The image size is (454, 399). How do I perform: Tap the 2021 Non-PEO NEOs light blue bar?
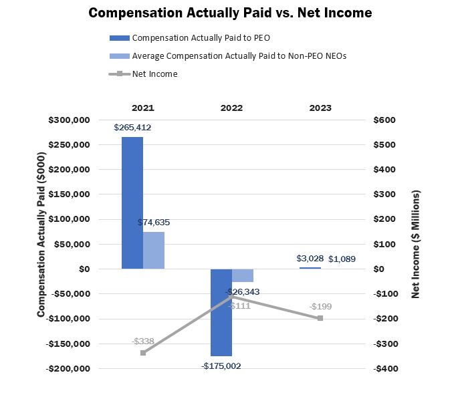pos(154,250)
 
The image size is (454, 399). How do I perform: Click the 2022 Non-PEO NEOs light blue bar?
pos(243,275)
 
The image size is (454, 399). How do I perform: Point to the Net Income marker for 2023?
pos(320,318)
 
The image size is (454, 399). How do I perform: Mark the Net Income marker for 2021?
pos(143,352)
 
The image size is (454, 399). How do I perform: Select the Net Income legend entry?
pos(154,74)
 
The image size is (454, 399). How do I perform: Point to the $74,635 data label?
pos(154,222)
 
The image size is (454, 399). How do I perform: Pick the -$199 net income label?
pos(320,307)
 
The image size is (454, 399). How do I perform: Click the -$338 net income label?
pos(142,341)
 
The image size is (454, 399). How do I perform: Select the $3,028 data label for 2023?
pos(310,259)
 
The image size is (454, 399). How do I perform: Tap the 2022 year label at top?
pos(231,108)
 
